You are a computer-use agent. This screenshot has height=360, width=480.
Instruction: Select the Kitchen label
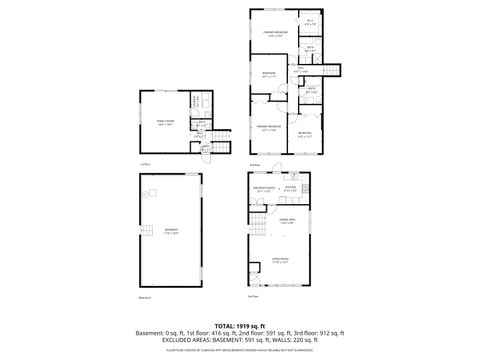click(290, 188)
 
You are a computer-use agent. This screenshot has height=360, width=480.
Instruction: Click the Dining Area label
click(287, 221)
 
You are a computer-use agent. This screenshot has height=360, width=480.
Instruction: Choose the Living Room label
click(279, 261)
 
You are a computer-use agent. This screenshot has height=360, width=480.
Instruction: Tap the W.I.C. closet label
click(311, 21)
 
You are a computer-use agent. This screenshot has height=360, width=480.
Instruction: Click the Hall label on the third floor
click(301, 70)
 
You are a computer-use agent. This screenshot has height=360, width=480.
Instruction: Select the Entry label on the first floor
click(206, 147)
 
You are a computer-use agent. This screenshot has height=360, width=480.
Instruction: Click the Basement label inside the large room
click(172, 231)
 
